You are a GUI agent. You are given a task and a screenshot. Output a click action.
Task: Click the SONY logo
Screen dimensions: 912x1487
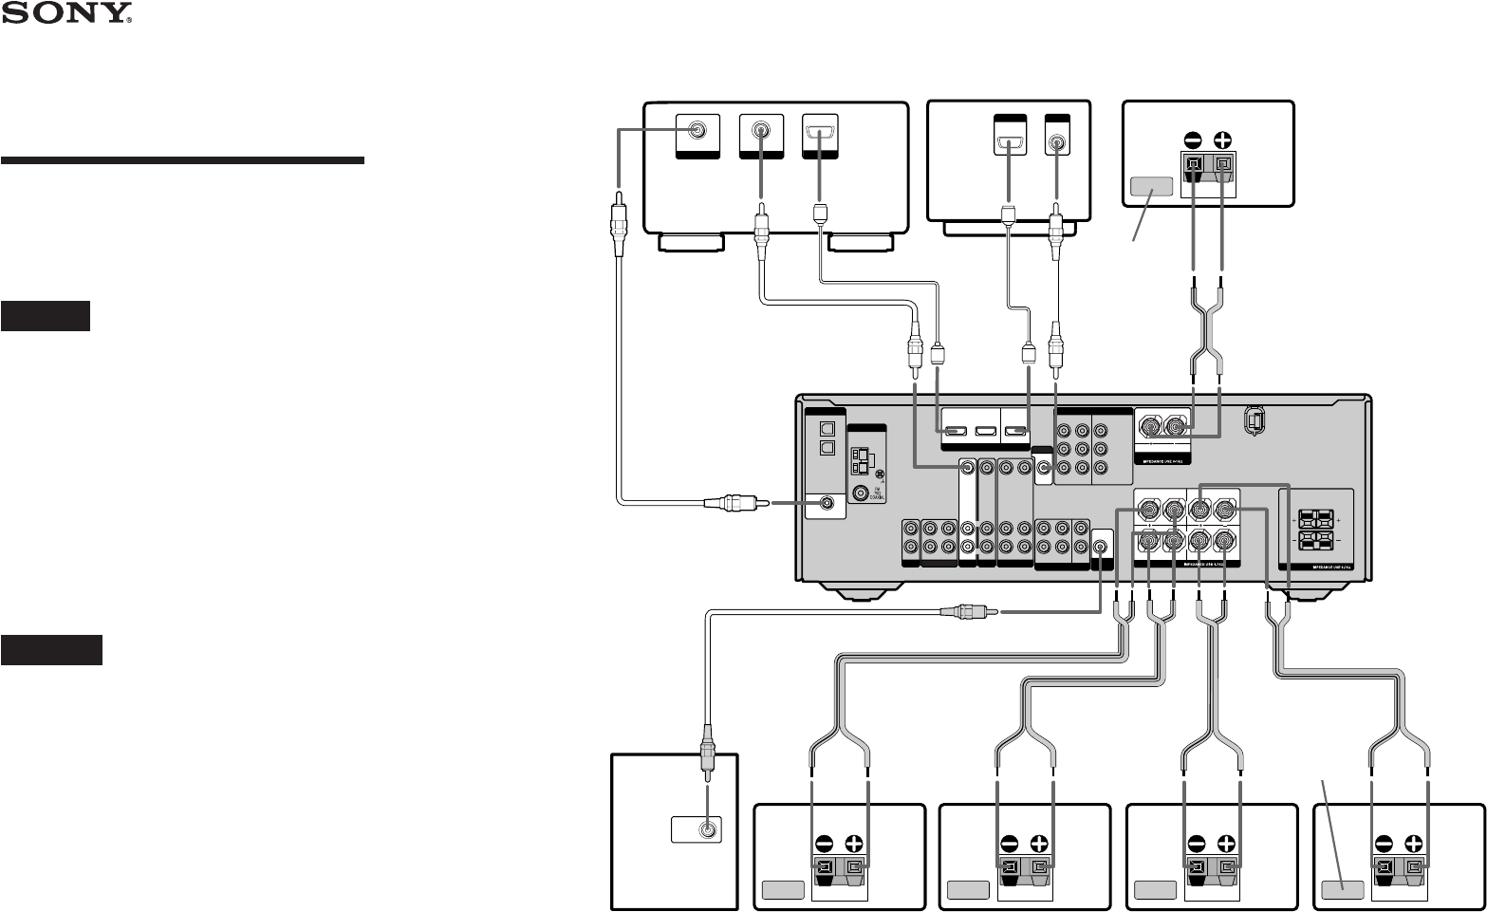[x=66, y=14]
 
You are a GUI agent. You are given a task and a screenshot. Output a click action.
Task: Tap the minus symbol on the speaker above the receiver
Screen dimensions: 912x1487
[x=1194, y=135]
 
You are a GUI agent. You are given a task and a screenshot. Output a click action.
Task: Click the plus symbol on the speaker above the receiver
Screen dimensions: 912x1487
[x=1224, y=135]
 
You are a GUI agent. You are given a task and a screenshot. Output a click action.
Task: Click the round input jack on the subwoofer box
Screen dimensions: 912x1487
[x=707, y=828]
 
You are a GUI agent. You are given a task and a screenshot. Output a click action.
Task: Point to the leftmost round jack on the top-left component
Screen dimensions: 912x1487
[x=697, y=131]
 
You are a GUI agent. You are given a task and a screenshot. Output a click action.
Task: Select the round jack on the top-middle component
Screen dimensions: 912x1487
[x=1056, y=141]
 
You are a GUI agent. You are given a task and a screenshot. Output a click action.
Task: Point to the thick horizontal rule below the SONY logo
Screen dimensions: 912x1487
[x=182, y=160]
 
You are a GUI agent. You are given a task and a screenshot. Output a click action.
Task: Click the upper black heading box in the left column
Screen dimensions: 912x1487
[x=46, y=316]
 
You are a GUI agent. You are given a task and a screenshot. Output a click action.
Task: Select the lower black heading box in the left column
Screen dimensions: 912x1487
[x=51, y=650]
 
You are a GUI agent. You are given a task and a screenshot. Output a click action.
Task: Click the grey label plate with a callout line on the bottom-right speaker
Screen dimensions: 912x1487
[x=1343, y=890]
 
